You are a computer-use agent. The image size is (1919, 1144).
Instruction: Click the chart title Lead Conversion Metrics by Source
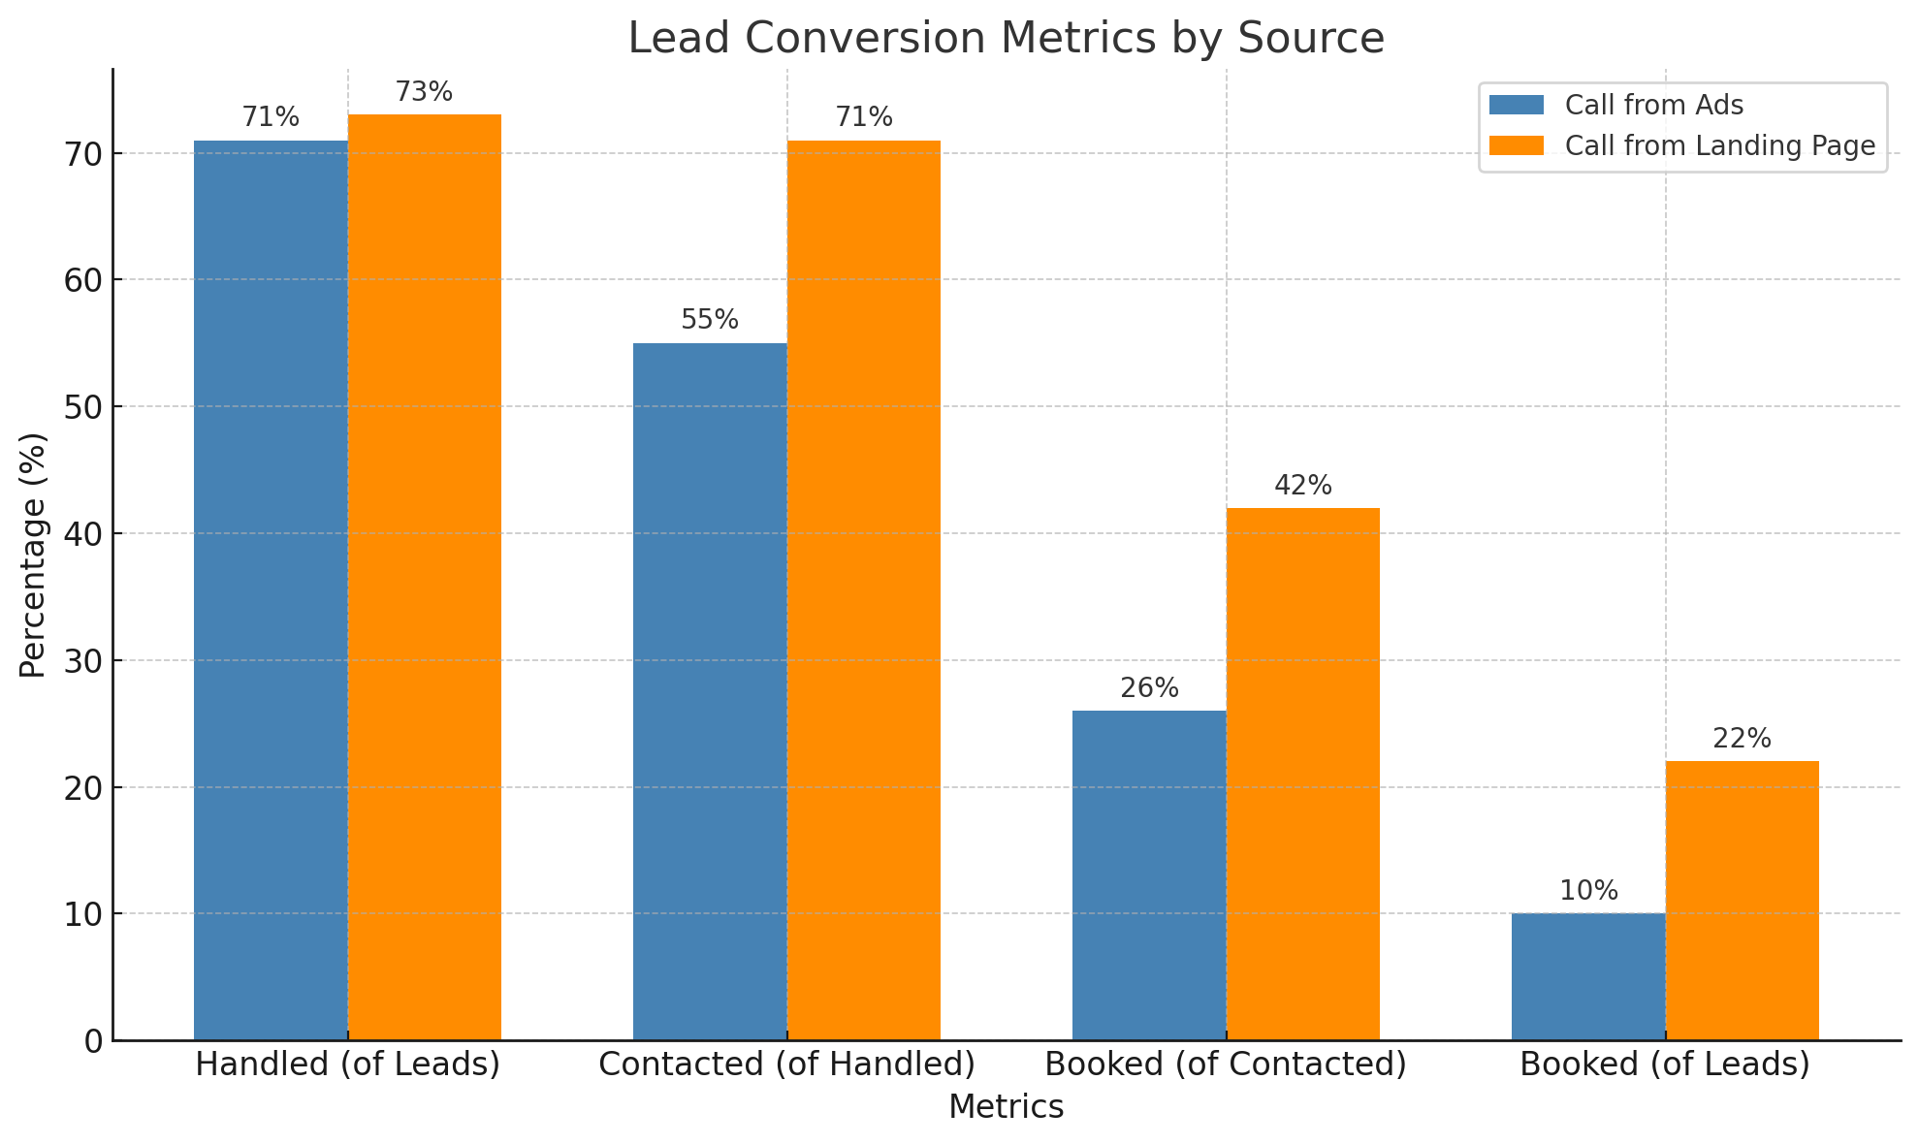(1006, 39)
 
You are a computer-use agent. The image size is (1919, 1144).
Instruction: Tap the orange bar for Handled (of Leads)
(425, 577)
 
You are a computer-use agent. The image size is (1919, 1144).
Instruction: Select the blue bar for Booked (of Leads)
(1588, 976)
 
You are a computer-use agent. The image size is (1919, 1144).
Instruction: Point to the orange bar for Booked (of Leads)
(1743, 901)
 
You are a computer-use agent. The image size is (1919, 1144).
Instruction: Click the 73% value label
(424, 92)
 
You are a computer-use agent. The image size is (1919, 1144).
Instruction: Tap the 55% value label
(710, 320)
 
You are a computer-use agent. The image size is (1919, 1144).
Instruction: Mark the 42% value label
(1303, 486)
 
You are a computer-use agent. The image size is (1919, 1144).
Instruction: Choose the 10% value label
(1588, 891)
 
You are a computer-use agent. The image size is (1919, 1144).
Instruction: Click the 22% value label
(1742, 739)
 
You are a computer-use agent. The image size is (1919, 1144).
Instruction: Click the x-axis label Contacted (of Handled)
(786, 1065)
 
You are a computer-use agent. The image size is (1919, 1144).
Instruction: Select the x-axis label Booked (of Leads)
(1665, 1065)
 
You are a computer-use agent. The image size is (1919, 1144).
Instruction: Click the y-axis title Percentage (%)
(33, 555)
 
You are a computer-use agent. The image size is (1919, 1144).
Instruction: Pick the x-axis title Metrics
(1006, 1107)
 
